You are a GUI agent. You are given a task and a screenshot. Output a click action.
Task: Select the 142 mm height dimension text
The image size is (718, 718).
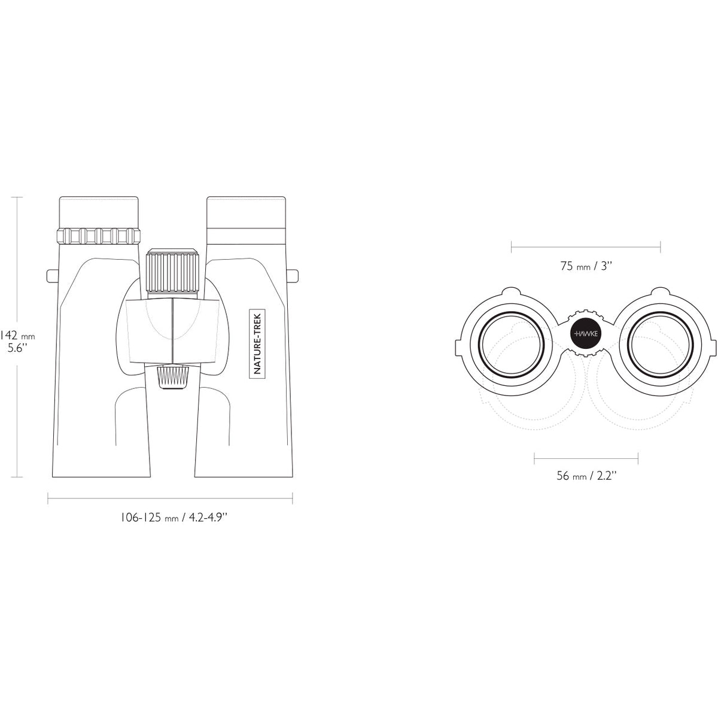(x=17, y=335)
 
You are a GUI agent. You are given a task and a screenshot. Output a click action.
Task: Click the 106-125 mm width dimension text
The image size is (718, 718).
(x=174, y=518)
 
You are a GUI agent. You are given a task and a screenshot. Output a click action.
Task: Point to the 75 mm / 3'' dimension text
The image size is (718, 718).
(x=586, y=266)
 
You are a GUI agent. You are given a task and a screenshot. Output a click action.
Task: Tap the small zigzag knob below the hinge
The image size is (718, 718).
(x=172, y=378)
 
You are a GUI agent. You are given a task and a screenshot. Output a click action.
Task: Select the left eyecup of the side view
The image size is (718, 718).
(x=99, y=212)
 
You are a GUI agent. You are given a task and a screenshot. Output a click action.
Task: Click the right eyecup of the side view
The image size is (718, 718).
(x=247, y=212)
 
